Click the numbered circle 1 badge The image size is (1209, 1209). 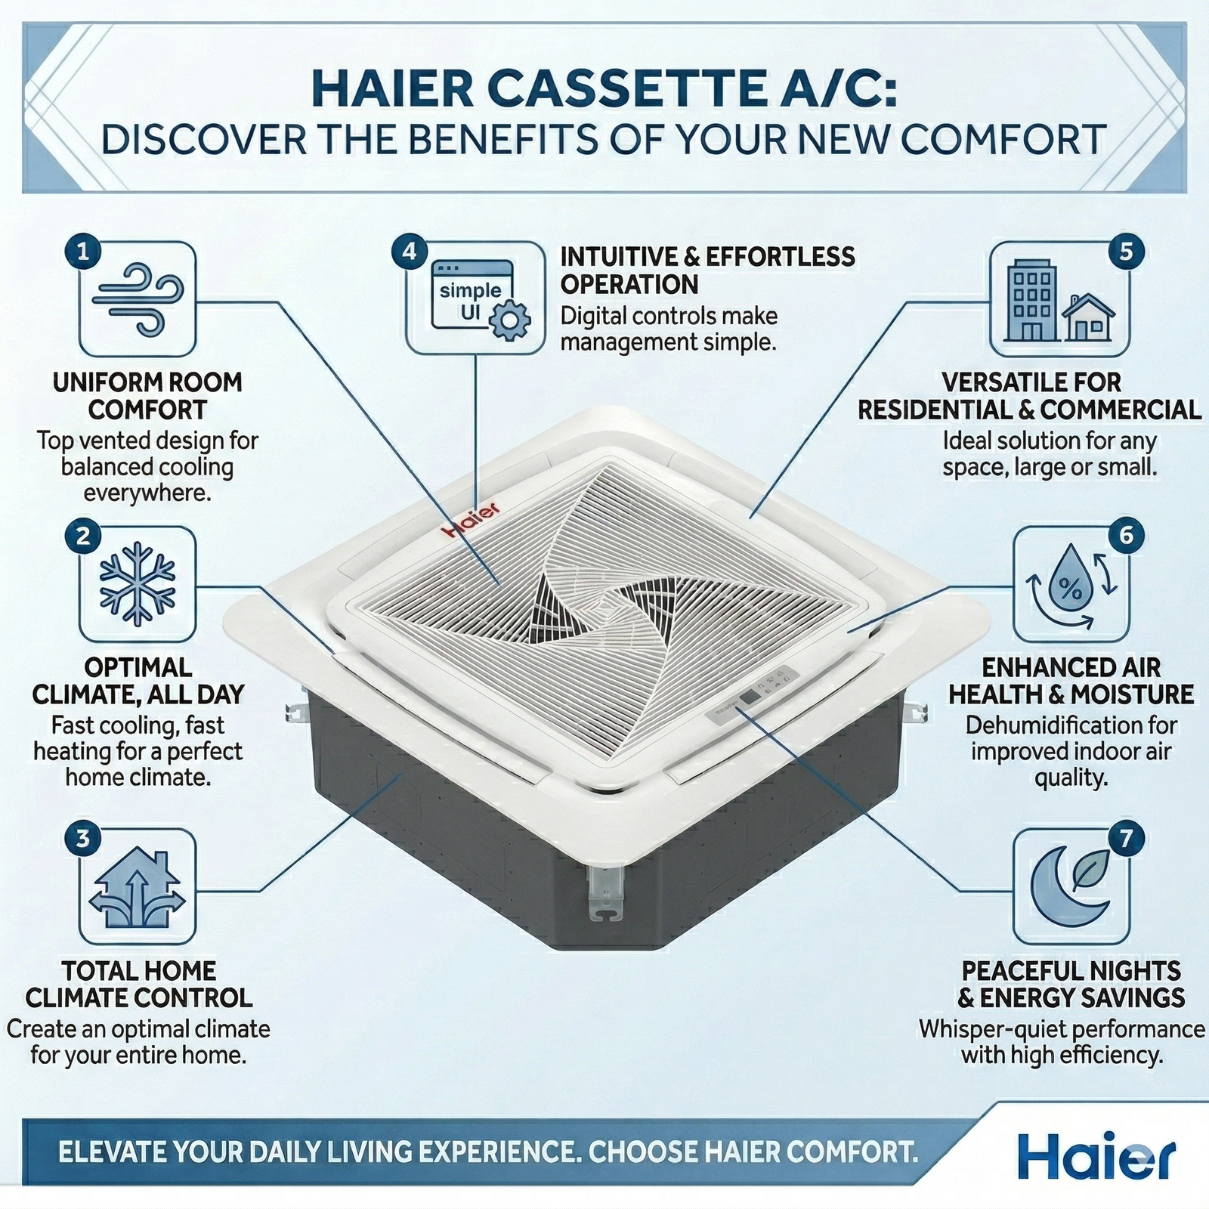[83, 251]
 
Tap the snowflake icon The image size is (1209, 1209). [138, 583]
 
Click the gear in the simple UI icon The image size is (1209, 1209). [511, 320]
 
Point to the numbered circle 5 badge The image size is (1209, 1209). [1126, 251]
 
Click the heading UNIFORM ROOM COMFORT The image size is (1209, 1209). [147, 396]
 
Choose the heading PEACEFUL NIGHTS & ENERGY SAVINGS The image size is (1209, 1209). [1071, 984]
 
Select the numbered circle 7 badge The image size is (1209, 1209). [1126, 838]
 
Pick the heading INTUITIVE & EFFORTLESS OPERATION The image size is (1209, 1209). [707, 271]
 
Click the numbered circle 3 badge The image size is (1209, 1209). [83, 838]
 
